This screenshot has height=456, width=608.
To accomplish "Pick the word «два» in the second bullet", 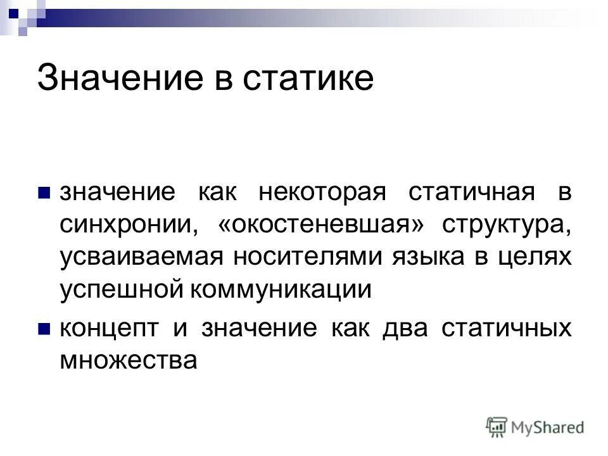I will pyautogui.click(x=399, y=327).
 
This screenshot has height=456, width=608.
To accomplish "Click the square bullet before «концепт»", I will pyautogui.click(x=44, y=329).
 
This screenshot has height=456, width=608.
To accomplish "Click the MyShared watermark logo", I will pyautogui.click(x=536, y=427).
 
